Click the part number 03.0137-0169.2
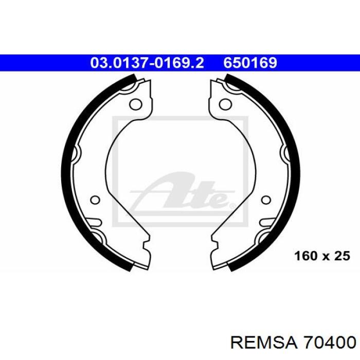tap(147, 63)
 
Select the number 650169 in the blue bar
tap(250, 63)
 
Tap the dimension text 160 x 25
tap(322, 256)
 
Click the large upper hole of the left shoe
tap(136, 104)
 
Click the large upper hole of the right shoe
tap(225, 104)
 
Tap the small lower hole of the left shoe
tap(95, 200)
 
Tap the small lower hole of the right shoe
tap(266, 200)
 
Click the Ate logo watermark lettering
tap(182, 193)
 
